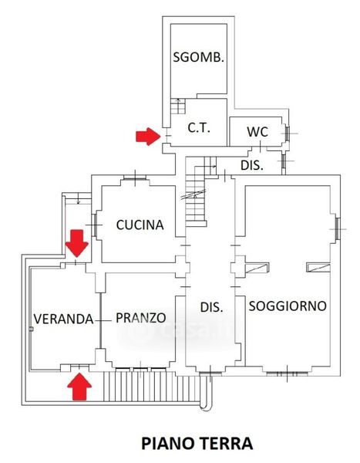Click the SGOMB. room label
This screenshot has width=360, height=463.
tap(198, 57)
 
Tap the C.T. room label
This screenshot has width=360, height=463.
tap(199, 128)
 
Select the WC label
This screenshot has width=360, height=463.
tap(257, 132)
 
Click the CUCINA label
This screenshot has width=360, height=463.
tap(140, 225)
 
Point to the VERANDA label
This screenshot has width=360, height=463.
tap(63, 319)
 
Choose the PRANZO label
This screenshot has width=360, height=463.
tap(141, 318)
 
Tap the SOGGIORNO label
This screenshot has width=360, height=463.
tap(288, 306)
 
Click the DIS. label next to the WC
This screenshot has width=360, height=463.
tap(252, 165)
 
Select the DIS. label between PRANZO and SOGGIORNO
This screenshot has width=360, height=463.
tap(211, 307)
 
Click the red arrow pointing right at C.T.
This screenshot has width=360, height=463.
tap(148, 137)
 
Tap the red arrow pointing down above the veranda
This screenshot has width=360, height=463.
tap(77, 243)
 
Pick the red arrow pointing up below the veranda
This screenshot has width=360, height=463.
tap(79, 387)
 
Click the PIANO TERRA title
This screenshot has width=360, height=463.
tap(197, 444)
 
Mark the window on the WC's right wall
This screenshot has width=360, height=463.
tap(287, 133)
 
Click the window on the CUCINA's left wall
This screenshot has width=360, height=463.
tap(94, 225)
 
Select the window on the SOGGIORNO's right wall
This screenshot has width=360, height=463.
tap(338, 228)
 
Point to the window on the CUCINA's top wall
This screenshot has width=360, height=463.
tap(135, 177)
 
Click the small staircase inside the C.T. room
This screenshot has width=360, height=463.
tap(178, 106)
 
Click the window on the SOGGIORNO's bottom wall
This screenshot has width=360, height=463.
tap(287, 373)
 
